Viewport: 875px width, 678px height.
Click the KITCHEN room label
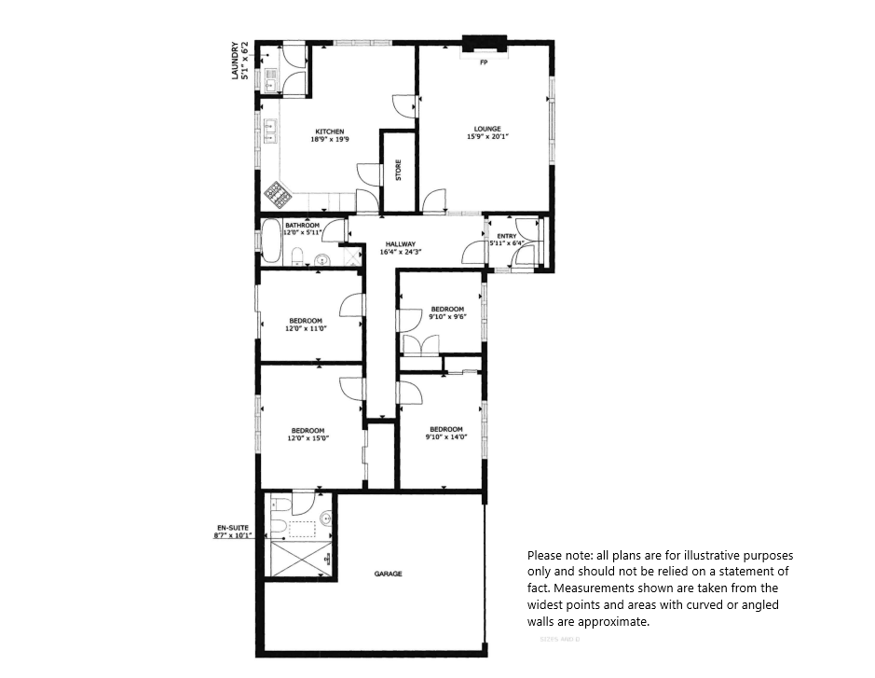(329, 131)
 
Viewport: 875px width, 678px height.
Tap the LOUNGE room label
(487, 129)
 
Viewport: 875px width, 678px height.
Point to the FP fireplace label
(484, 63)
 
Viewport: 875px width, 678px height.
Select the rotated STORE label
(398, 172)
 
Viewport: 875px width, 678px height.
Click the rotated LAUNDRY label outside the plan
(238, 60)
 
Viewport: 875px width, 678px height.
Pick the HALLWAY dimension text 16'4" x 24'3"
(401, 252)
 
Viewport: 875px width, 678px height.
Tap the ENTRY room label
(506, 236)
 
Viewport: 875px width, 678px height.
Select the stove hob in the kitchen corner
(278, 194)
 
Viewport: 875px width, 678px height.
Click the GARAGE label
(389, 574)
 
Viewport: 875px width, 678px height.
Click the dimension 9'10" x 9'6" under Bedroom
(446, 317)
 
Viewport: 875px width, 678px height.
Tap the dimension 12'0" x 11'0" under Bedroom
(307, 328)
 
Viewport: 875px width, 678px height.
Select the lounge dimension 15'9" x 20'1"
(487, 137)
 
